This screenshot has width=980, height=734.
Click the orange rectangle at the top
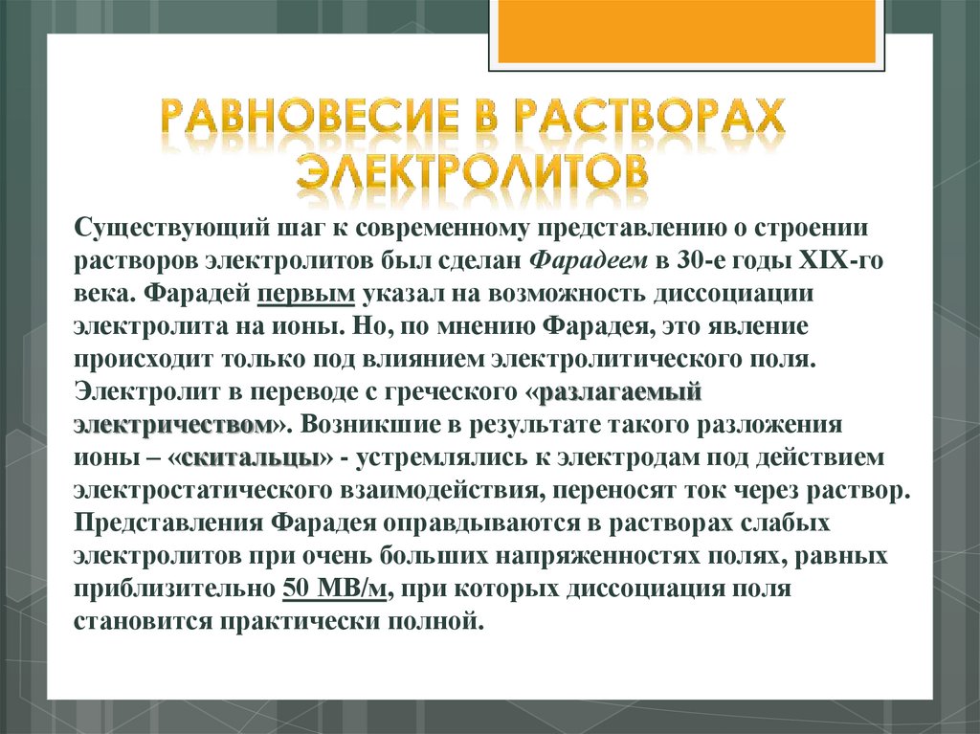pos(684,31)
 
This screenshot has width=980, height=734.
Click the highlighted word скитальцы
pos(250,457)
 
